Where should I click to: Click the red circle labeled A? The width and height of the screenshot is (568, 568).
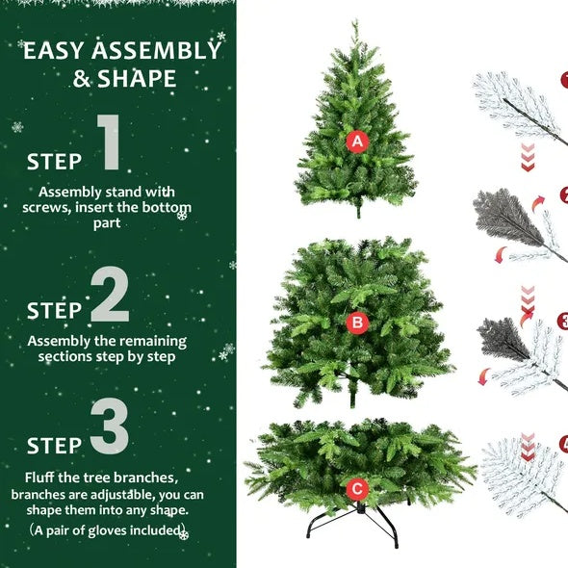click(x=358, y=142)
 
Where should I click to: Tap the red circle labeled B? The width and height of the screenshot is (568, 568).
click(x=357, y=323)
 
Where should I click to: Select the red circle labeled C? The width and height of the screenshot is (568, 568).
click(x=357, y=489)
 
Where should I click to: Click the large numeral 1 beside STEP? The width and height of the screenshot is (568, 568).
click(x=110, y=144)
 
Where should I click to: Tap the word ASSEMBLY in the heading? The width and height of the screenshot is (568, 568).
click(x=154, y=51)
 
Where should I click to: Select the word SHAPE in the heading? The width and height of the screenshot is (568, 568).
click(x=138, y=79)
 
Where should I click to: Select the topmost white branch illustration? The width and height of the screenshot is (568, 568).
click(x=516, y=100)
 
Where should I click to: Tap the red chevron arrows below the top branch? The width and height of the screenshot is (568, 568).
click(x=528, y=158)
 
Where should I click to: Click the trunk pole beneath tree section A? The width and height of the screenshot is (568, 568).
click(x=358, y=210)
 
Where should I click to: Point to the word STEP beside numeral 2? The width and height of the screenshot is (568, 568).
click(x=55, y=311)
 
